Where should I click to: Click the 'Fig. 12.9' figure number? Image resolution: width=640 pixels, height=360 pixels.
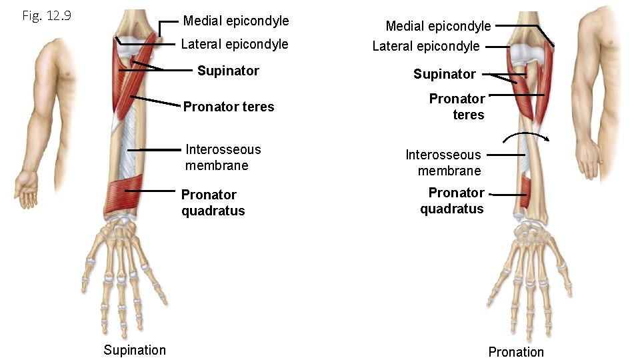(47, 15)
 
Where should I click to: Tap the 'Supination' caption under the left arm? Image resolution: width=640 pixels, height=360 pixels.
(135, 350)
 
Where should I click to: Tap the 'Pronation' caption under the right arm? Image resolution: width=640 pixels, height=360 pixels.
(516, 352)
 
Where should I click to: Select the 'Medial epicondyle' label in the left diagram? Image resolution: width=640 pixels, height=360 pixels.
(236, 21)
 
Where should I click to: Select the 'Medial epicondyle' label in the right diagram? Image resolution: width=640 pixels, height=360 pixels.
(438, 26)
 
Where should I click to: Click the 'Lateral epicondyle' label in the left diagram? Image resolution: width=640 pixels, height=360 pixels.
(235, 44)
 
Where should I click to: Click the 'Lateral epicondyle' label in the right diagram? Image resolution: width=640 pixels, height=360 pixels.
(426, 46)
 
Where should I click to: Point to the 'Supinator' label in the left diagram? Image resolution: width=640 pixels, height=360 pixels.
(228, 71)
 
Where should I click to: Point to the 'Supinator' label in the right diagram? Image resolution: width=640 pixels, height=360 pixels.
(444, 74)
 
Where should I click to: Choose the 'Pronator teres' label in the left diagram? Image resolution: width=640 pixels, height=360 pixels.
(229, 107)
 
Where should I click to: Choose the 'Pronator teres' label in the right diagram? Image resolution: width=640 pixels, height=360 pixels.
(458, 107)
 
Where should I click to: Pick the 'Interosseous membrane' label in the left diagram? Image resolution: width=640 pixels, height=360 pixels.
(223, 157)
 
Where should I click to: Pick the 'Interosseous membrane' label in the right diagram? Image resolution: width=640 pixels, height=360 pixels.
(444, 163)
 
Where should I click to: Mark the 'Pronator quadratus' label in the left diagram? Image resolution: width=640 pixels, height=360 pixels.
(213, 203)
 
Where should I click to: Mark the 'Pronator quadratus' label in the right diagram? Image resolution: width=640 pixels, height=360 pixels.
(453, 201)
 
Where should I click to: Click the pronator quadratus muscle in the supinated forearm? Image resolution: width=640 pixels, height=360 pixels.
(124, 194)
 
